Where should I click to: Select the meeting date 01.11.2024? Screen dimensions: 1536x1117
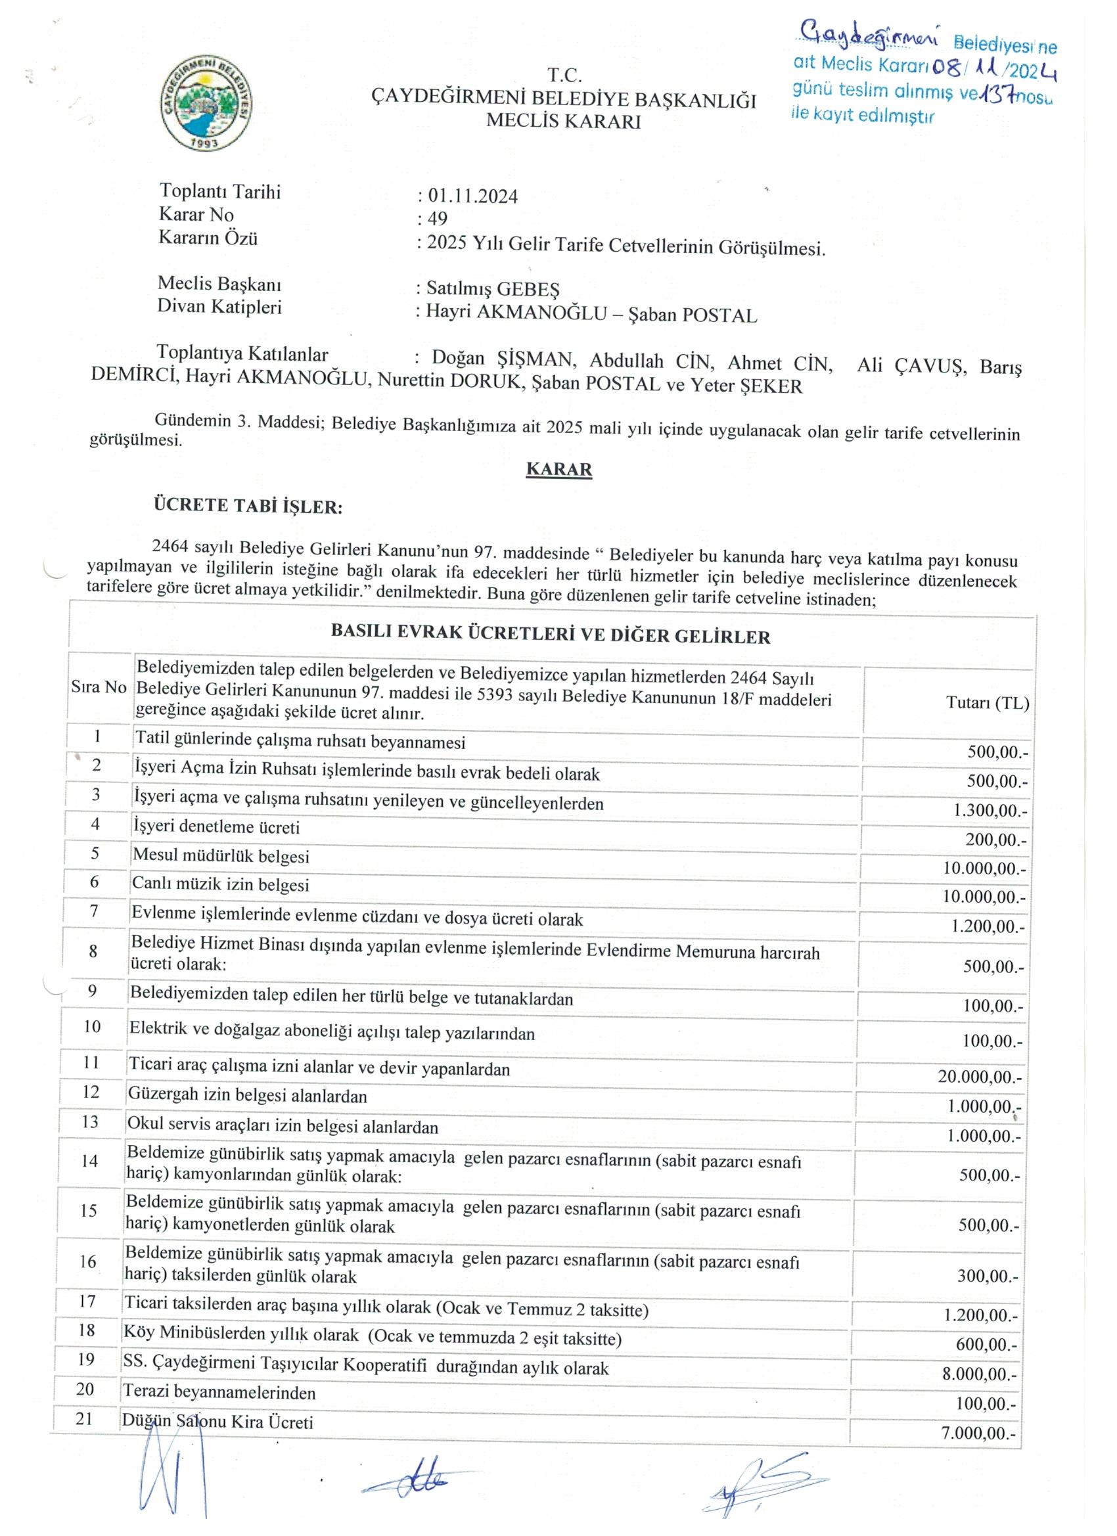coord(472,196)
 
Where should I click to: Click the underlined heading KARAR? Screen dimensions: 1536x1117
coord(559,469)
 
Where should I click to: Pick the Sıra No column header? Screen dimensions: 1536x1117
coord(99,687)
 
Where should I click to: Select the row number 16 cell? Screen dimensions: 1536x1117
coord(89,1261)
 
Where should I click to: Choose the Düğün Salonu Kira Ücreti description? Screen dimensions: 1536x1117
coord(217,1422)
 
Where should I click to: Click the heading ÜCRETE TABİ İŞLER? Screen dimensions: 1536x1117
coord(248,505)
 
